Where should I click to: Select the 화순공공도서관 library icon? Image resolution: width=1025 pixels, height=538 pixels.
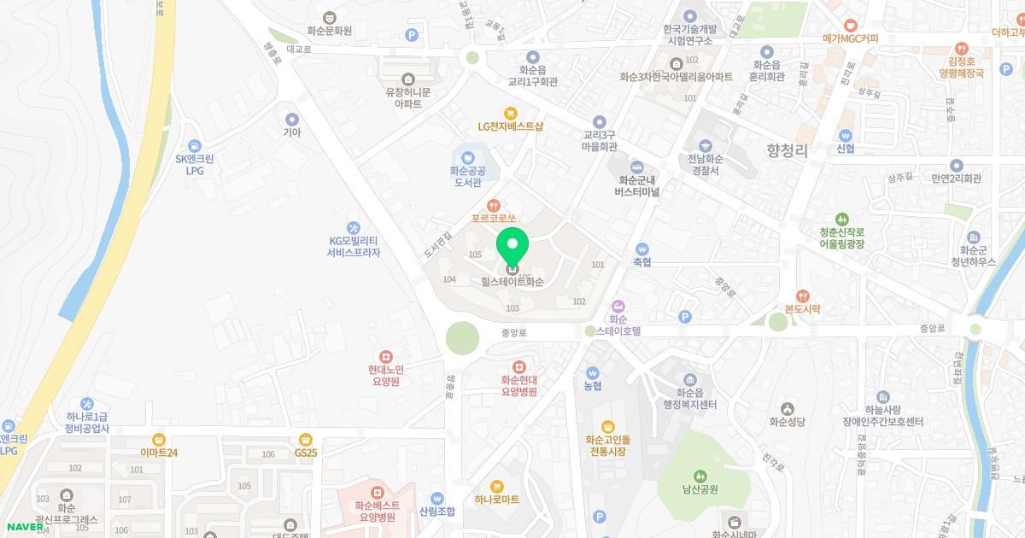pos(467,157)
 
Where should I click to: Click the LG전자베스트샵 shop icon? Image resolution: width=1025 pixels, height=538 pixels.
pos(511,112)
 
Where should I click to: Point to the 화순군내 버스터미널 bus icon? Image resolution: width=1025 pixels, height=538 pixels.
pos(637,167)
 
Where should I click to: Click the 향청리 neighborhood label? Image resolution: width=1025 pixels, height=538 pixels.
pos(787,150)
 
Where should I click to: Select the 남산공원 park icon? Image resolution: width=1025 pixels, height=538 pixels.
pos(700,476)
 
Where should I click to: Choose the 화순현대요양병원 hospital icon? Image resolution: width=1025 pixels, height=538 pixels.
pos(518,366)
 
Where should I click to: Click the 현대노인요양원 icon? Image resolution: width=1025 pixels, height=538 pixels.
pos(385,356)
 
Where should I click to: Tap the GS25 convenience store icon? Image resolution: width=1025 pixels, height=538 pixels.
pos(305,439)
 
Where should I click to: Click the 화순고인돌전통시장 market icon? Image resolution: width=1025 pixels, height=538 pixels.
pos(607,426)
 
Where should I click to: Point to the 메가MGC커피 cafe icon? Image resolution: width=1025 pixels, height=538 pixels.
pos(850,26)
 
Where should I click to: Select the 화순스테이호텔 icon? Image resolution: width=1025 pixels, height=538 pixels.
pos(618,306)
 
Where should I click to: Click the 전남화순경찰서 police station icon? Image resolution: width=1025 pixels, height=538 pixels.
pos(706,145)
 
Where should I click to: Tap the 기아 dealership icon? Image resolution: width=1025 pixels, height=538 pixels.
pos(292,119)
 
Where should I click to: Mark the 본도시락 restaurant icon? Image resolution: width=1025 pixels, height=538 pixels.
pos(802,295)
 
